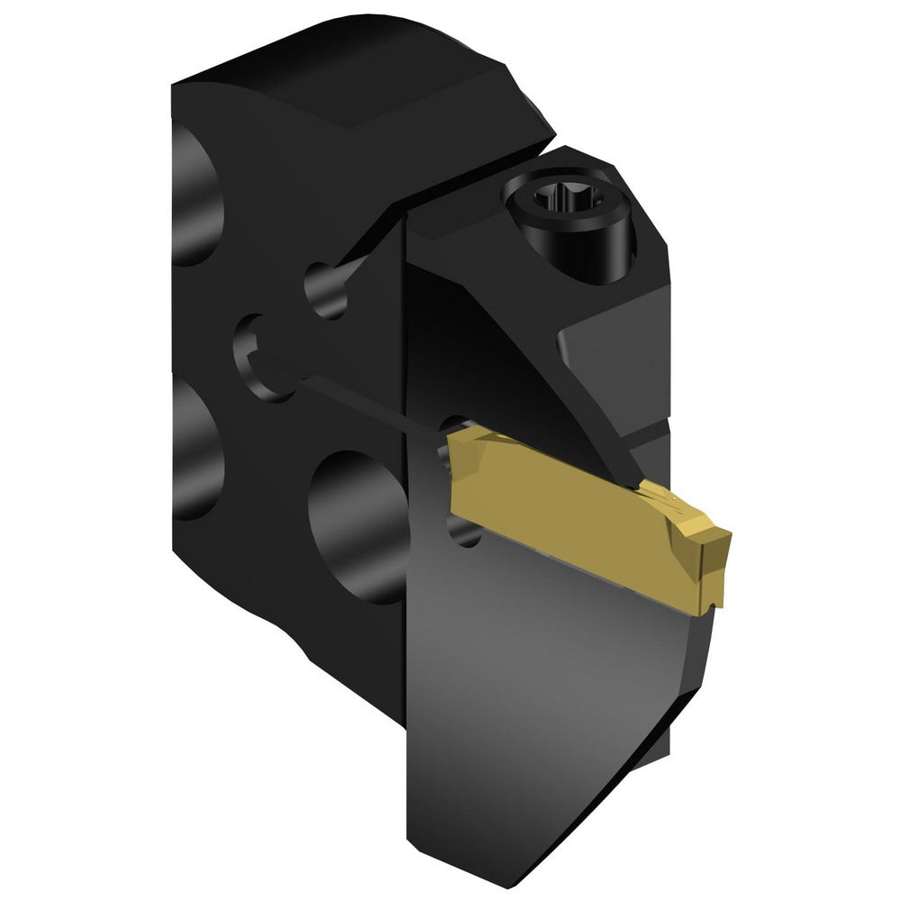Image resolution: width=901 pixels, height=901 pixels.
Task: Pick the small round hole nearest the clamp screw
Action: click(x=325, y=287)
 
